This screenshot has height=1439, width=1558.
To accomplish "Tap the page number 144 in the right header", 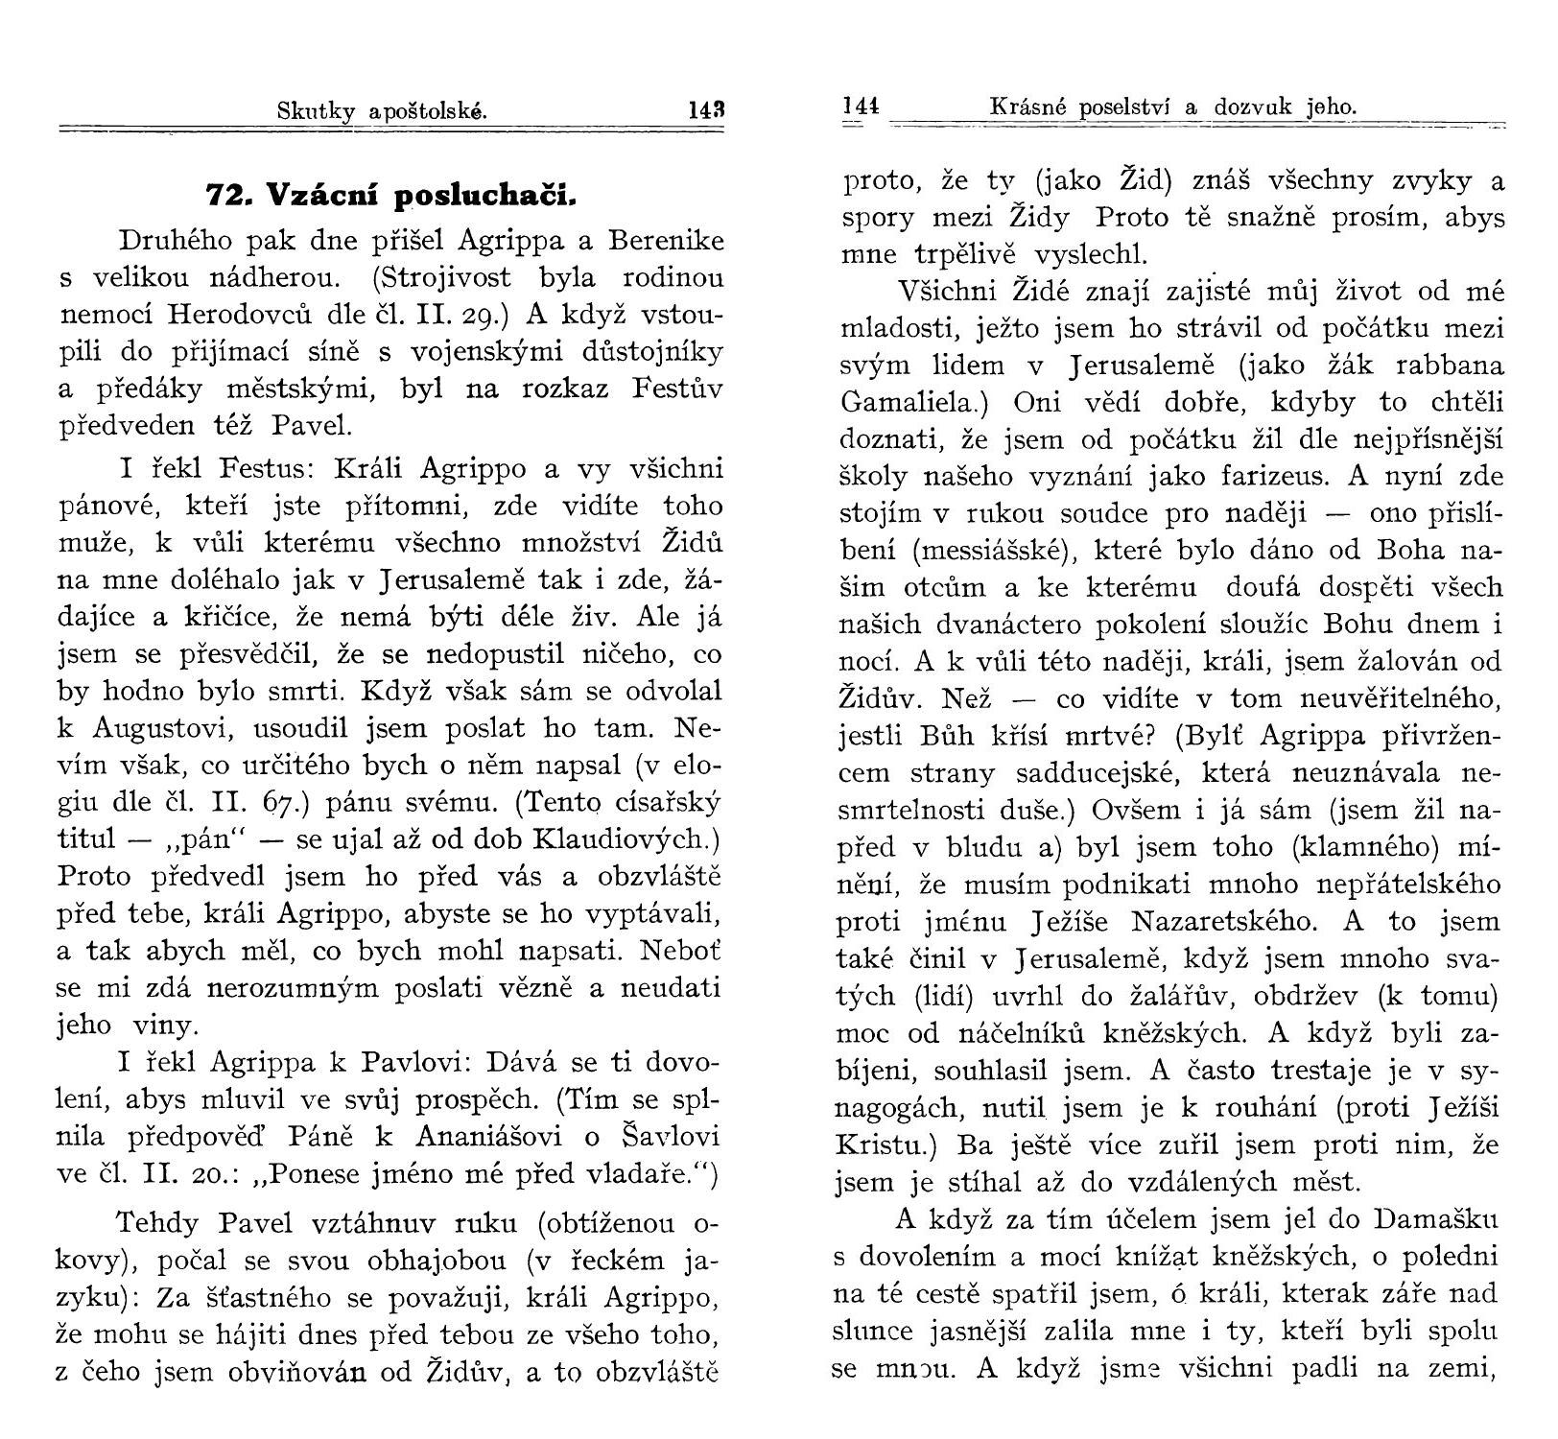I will tap(861, 106).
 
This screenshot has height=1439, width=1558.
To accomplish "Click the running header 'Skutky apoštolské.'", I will tap(382, 111).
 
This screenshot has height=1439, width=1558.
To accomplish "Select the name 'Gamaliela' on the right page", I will tap(919, 403).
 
